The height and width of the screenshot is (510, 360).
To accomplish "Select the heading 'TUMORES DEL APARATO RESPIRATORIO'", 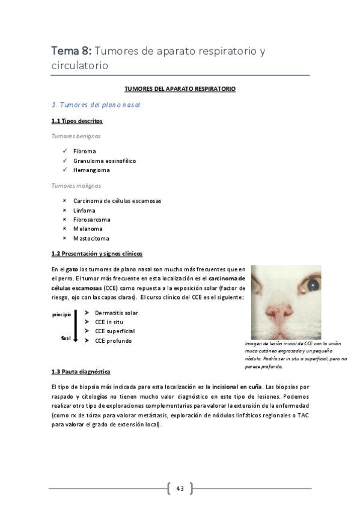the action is coord(180,89).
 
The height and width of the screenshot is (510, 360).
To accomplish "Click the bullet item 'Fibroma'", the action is coord(85,152).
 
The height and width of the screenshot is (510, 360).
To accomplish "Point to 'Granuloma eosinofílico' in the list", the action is coord(105,161).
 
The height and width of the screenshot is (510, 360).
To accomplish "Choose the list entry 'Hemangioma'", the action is coord(91,170).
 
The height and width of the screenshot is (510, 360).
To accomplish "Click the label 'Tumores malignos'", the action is coord(76,186).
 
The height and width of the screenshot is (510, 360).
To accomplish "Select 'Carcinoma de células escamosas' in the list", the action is coord(117,201).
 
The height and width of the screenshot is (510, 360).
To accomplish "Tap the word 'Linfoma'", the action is coord(84,210).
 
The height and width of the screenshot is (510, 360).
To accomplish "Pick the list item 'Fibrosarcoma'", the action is coord(91,220).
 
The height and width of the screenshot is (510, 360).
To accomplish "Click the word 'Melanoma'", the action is coord(88,229).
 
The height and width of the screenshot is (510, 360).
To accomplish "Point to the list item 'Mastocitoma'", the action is coord(91,238).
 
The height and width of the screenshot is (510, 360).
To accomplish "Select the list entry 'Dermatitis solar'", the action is coord(116,313).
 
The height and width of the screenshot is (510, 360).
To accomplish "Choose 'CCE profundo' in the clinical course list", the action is coord(113,341).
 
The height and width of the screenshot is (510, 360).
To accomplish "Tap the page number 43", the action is coord(180,488).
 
